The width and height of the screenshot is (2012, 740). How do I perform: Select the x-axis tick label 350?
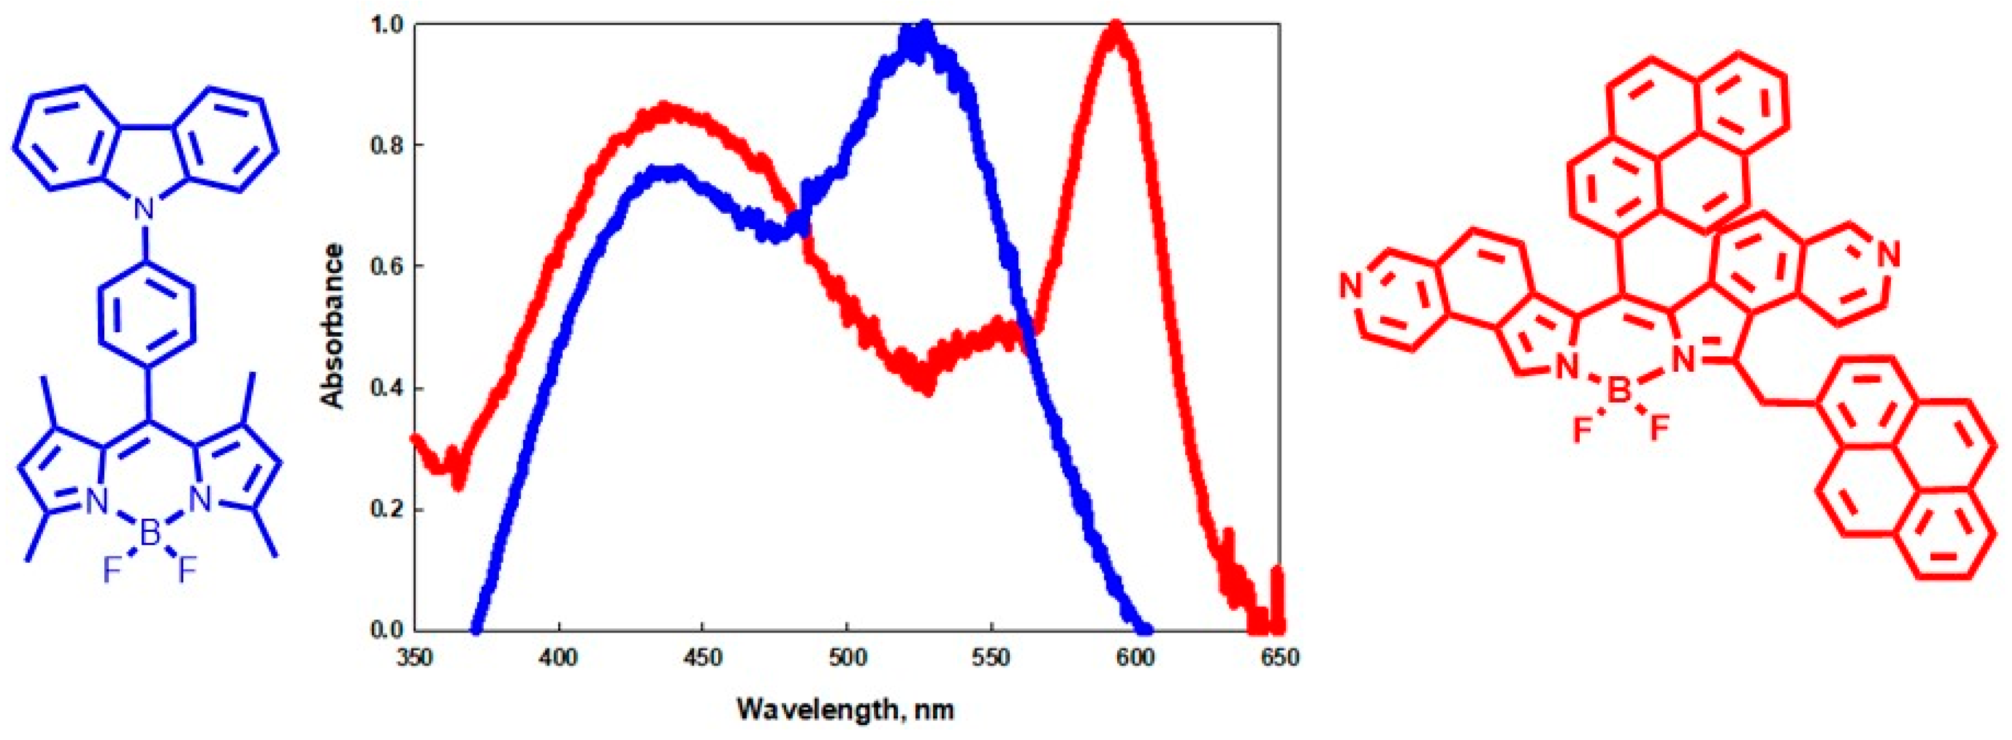pos(414,658)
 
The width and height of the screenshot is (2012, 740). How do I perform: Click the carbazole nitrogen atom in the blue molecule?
pos(143,209)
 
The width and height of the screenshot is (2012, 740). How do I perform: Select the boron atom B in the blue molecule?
pos(150,534)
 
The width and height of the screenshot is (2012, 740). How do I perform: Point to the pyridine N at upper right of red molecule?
pos(1888,254)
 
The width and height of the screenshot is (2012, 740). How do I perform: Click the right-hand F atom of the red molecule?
pos(1658,427)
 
